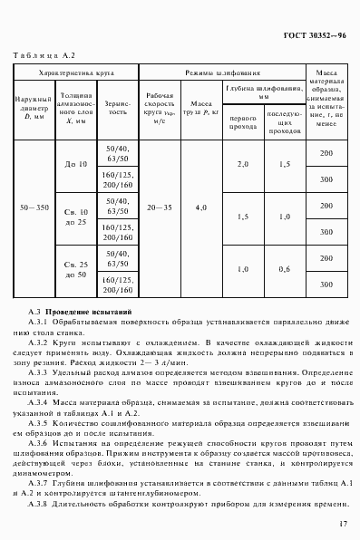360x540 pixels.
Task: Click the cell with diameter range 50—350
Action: [35, 208]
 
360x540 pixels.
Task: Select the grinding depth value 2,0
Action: [242, 164]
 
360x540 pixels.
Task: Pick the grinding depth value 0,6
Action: [285, 268]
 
